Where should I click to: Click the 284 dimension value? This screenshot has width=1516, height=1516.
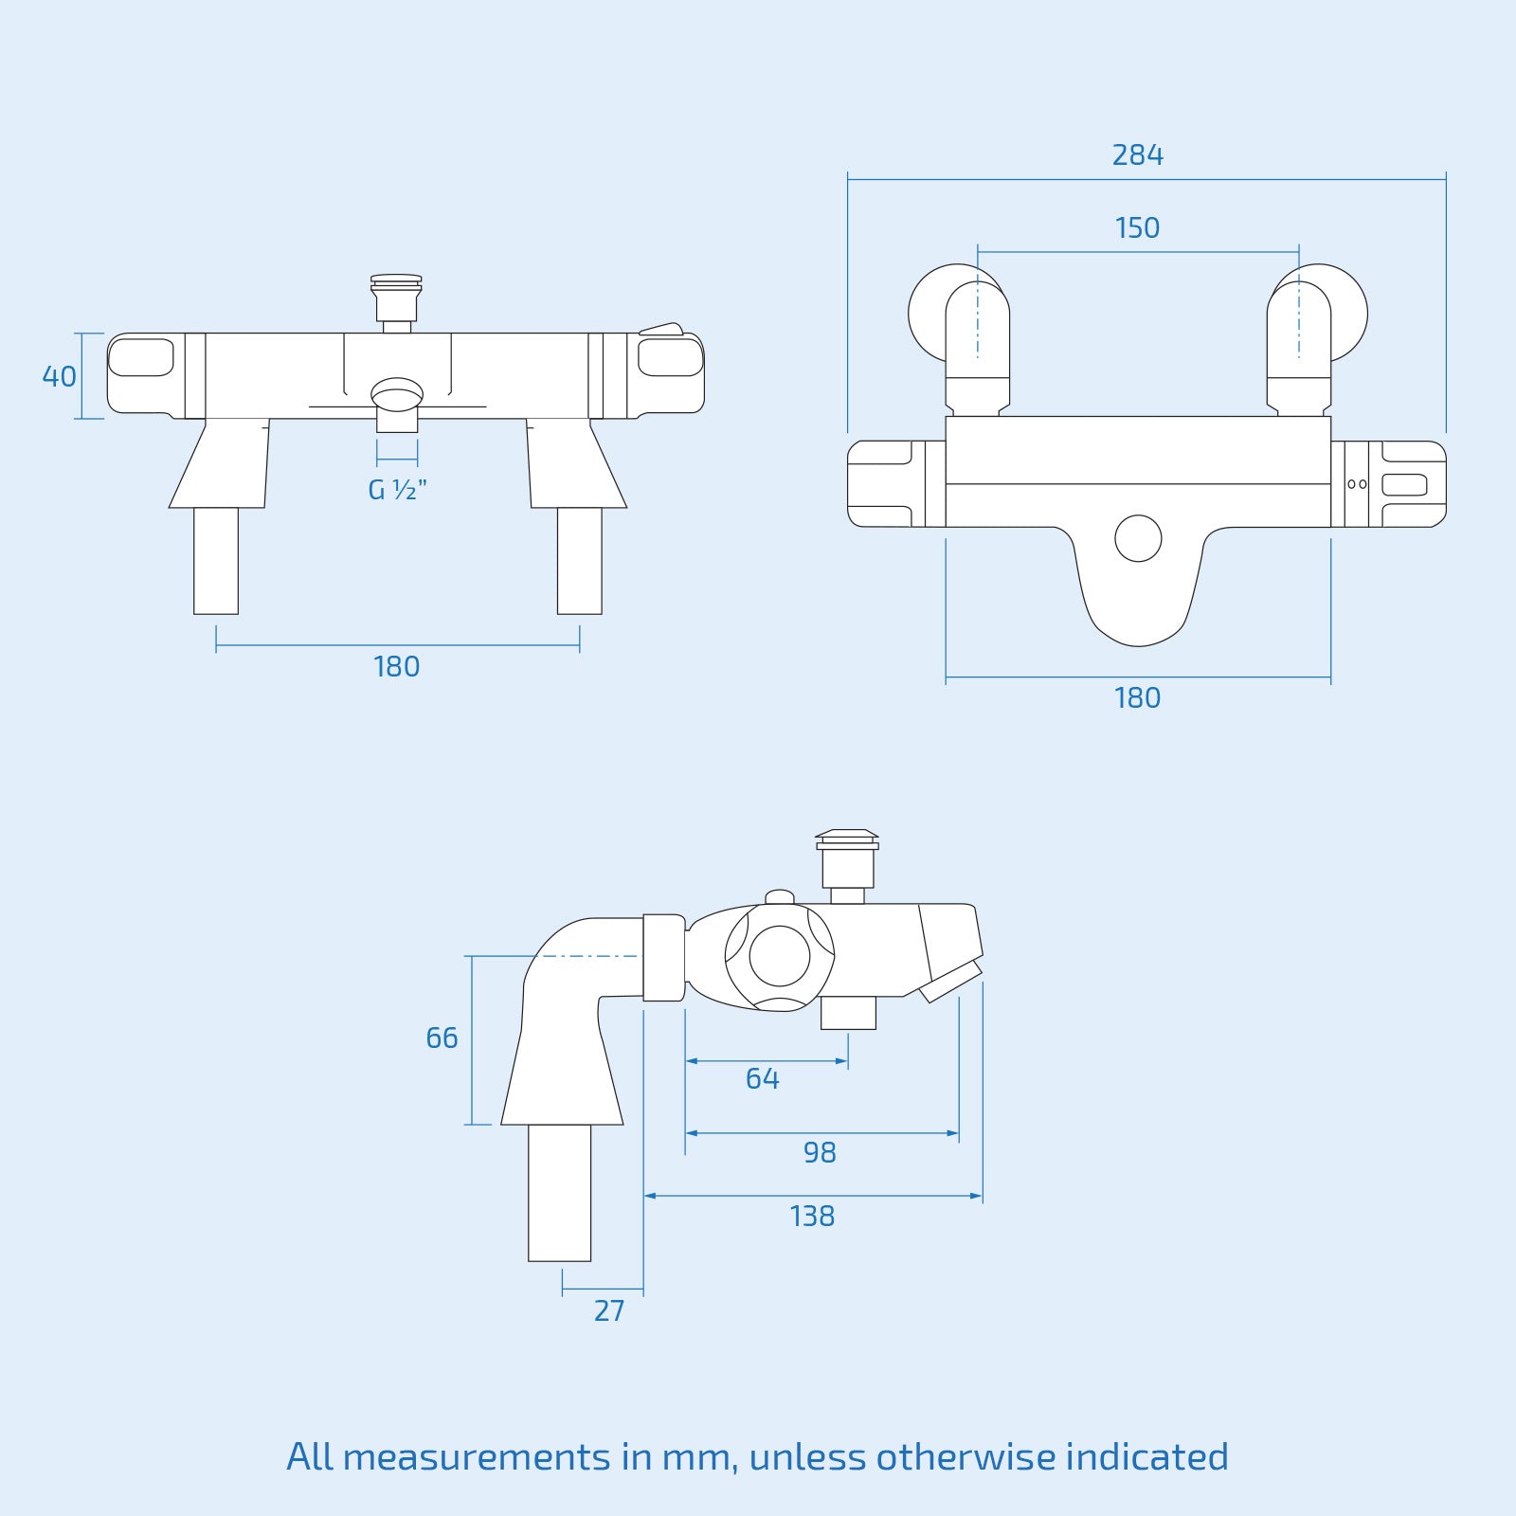tap(1137, 154)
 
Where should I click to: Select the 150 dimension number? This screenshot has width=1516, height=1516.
tap(1137, 227)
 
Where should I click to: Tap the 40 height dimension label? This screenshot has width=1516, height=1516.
tap(59, 376)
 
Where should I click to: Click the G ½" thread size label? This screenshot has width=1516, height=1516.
tap(397, 490)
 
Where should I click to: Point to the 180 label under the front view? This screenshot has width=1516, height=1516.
tap(396, 666)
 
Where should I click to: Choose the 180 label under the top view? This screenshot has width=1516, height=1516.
tap(1137, 697)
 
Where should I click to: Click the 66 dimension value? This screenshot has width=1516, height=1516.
tap(442, 1038)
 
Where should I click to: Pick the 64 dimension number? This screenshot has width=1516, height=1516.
tap(762, 1078)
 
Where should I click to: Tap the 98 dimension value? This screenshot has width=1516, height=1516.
tap(820, 1152)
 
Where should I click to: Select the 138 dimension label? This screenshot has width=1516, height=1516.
tap(812, 1216)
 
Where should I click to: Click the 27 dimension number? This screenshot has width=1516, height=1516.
tap(609, 1310)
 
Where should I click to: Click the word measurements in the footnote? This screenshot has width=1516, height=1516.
tap(477, 1457)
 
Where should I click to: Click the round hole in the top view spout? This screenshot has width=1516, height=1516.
tap(1138, 538)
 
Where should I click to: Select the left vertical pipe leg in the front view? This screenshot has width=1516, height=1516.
tap(216, 561)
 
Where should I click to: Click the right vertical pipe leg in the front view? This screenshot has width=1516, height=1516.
tap(579, 561)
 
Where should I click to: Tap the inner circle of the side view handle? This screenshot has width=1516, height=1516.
tap(780, 956)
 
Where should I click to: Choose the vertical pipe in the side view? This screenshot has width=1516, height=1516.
tap(559, 1192)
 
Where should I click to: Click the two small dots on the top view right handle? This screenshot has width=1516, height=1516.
tap(1357, 484)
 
